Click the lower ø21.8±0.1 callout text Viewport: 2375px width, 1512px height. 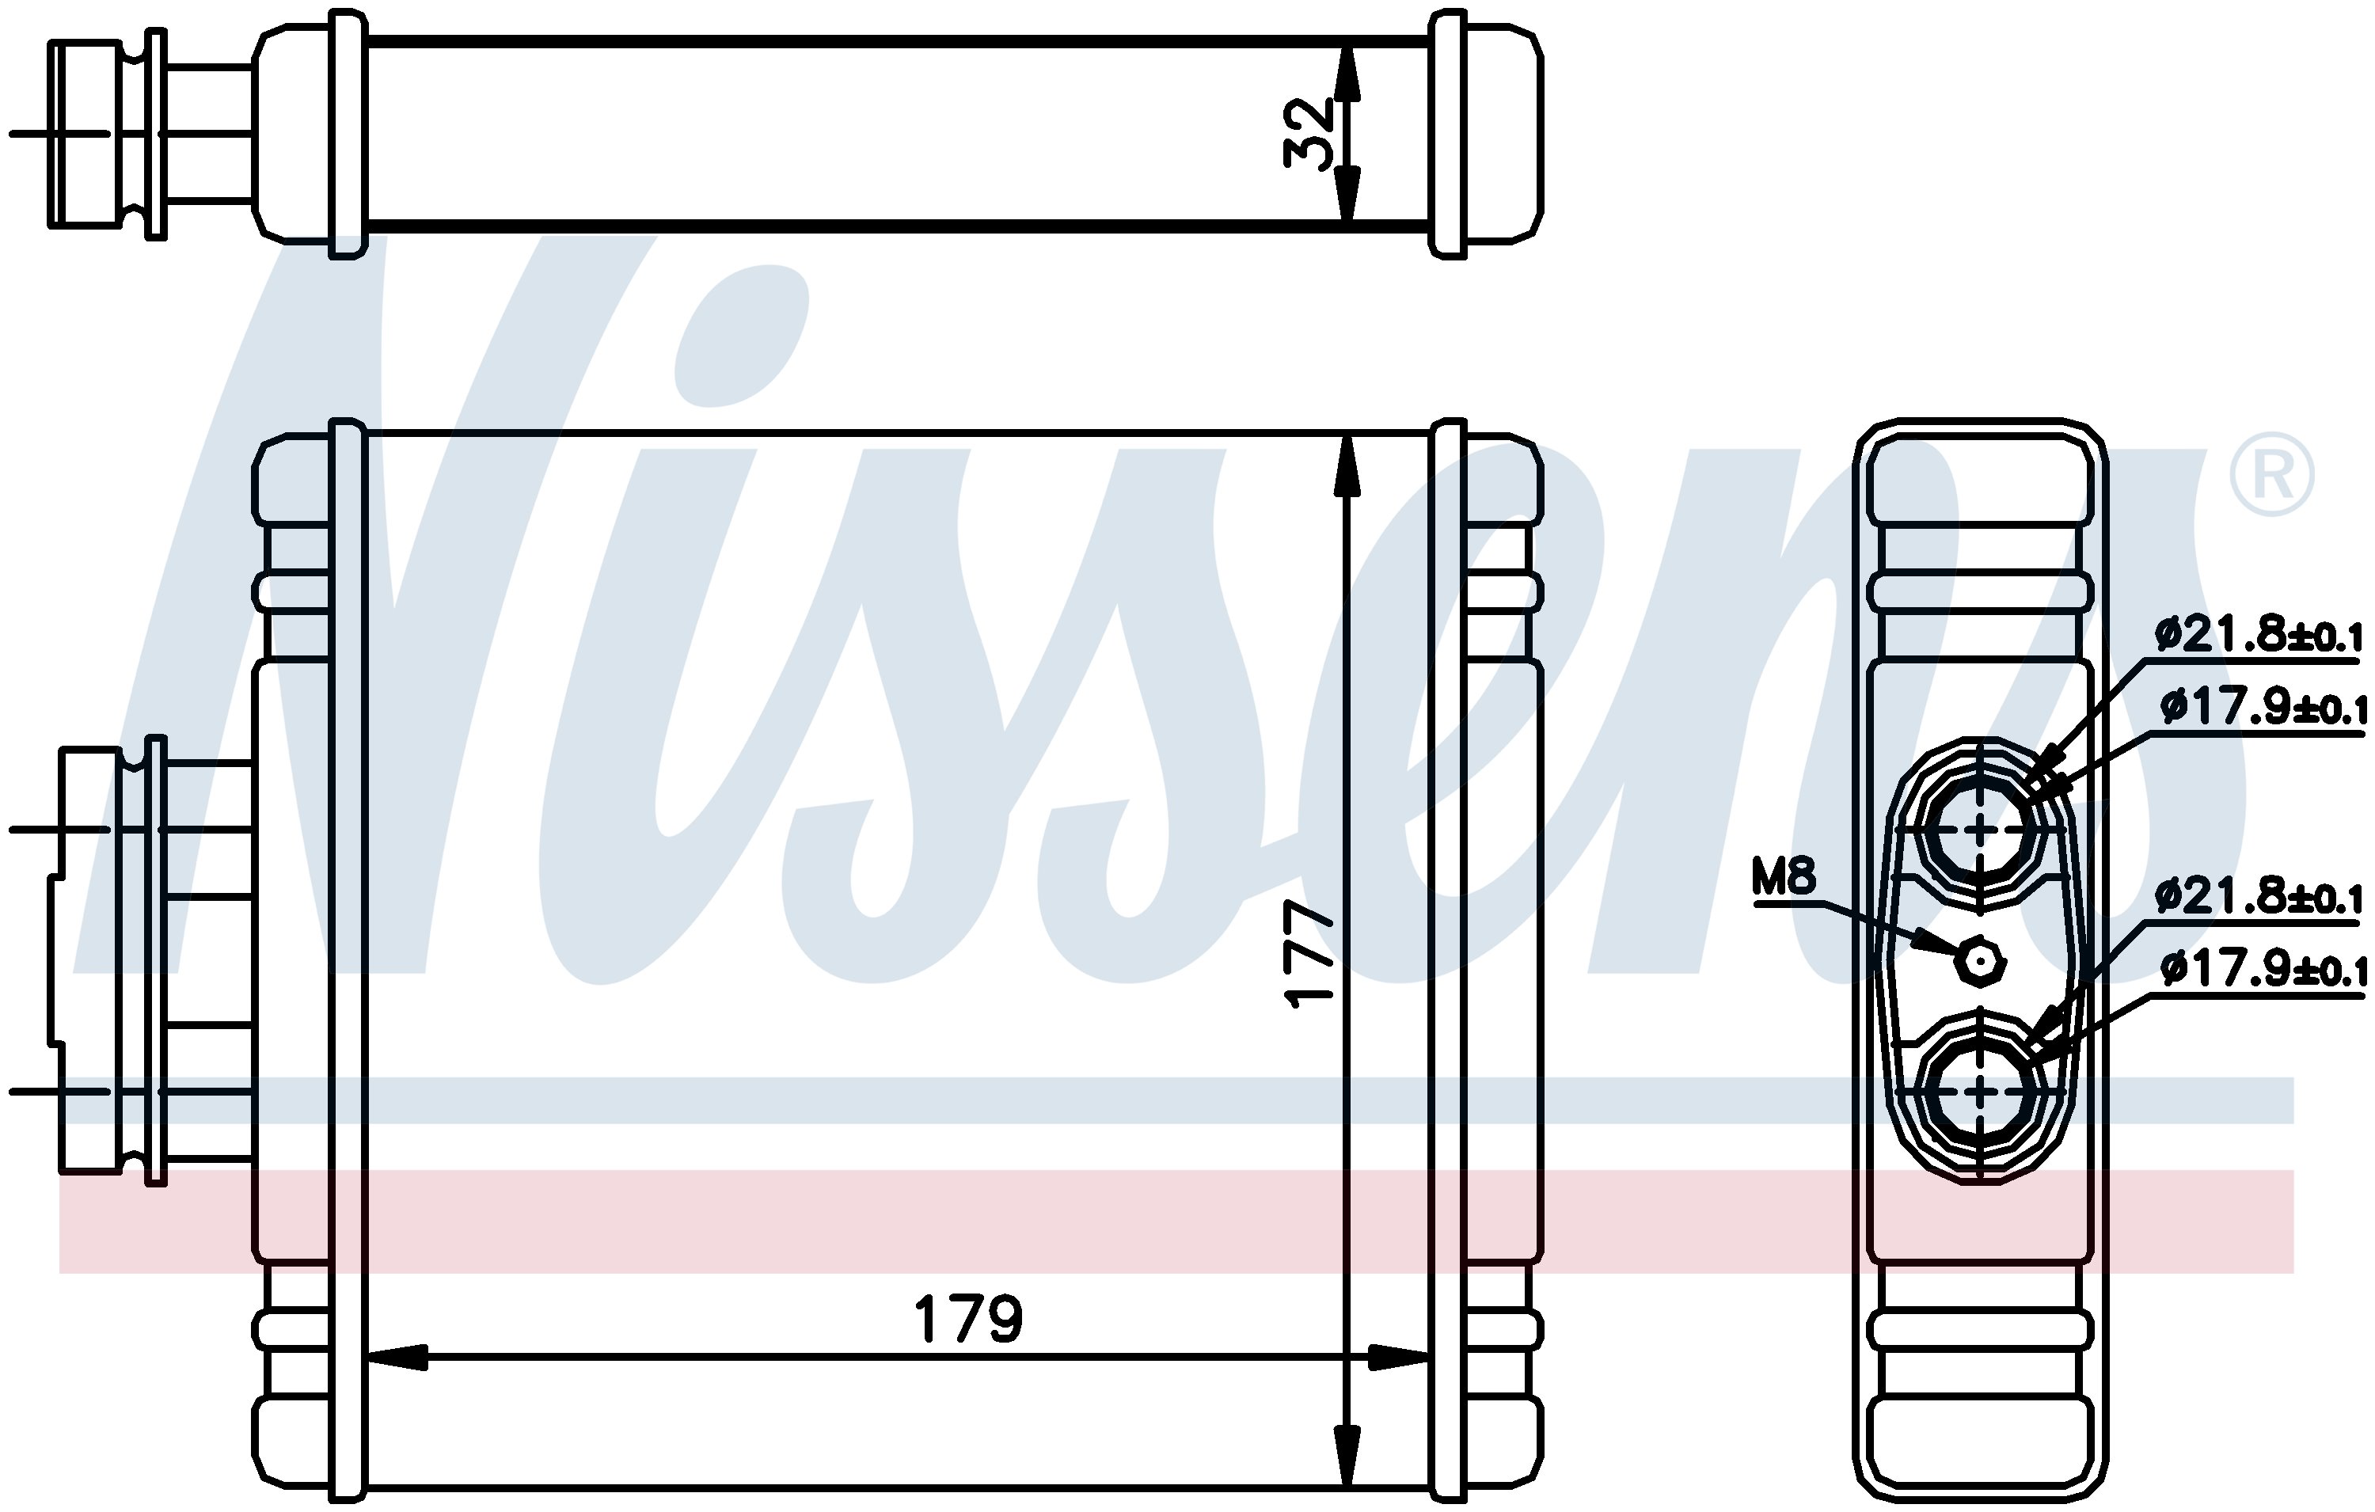click(x=2259, y=898)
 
